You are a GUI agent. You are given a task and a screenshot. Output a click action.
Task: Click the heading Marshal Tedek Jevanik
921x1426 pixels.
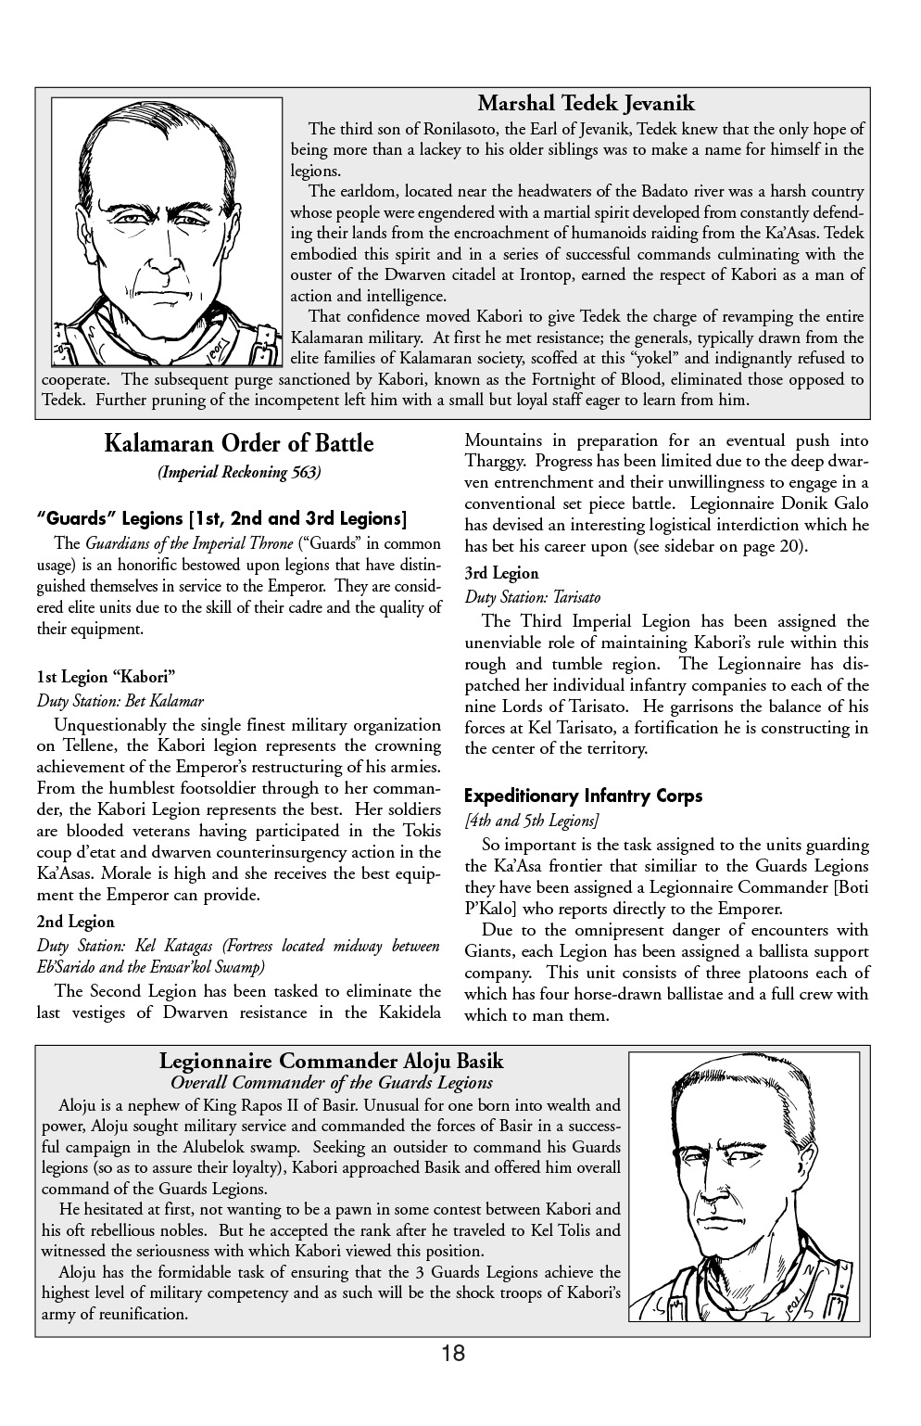coord(586,103)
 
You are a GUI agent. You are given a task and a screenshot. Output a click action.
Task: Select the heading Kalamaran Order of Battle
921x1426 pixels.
coord(238,443)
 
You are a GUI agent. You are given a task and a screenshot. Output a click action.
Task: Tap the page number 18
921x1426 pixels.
coord(453,1354)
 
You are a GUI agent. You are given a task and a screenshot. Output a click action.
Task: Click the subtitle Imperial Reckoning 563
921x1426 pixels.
coord(239,473)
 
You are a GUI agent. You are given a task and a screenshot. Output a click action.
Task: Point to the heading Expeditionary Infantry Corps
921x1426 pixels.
coord(583,796)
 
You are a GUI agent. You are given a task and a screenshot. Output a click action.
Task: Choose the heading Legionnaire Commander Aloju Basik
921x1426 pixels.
coord(331,1061)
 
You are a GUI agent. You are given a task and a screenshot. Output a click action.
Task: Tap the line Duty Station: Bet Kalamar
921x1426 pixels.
coord(120,701)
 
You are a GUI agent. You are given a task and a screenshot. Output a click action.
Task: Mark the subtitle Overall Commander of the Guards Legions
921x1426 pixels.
coord(332,1083)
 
